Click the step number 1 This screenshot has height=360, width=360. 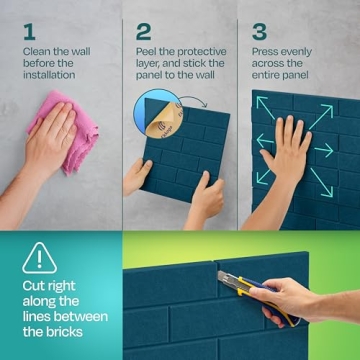coord(28,30)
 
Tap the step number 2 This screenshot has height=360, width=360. coord(144,30)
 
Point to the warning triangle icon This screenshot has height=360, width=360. coord(40,257)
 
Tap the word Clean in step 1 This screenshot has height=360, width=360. coord(38,50)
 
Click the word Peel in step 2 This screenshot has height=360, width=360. coord(150,50)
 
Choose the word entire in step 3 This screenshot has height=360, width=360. coord(272,76)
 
